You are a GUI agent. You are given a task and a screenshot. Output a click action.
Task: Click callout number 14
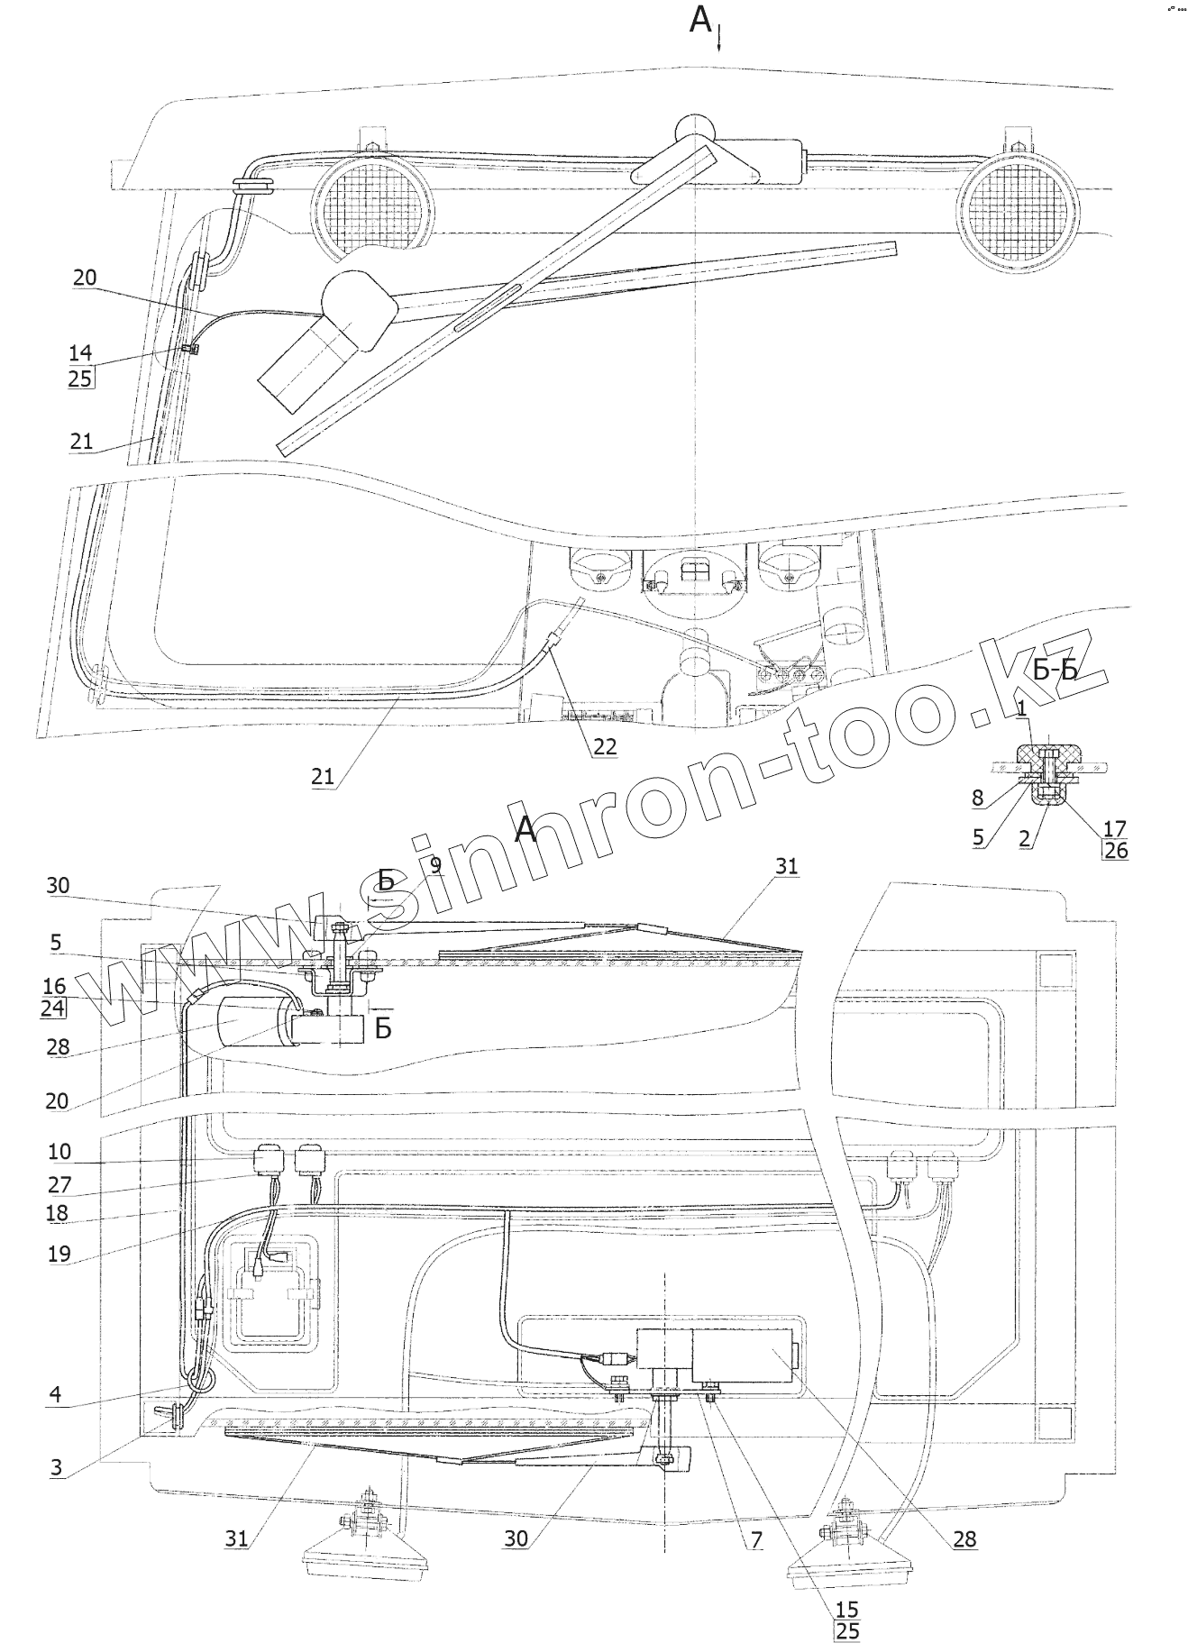point(80,353)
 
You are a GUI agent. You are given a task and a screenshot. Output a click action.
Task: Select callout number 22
point(605,747)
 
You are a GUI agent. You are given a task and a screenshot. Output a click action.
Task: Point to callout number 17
point(1115,827)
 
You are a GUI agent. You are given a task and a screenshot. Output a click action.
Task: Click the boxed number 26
point(1115,850)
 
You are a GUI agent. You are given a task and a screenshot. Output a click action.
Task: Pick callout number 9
point(435,866)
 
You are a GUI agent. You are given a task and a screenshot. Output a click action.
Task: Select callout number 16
point(53,987)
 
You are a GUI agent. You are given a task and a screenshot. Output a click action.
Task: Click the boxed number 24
point(53,1009)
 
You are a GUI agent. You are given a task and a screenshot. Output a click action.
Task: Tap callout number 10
point(59,1152)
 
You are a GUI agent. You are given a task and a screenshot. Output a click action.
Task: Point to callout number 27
point(59,1185)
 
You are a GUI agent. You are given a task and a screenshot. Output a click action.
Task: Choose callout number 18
point(57,1213)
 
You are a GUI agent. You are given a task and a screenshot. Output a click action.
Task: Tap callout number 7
point(752,1540)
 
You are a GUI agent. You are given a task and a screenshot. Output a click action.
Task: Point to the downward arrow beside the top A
point(719,40)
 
